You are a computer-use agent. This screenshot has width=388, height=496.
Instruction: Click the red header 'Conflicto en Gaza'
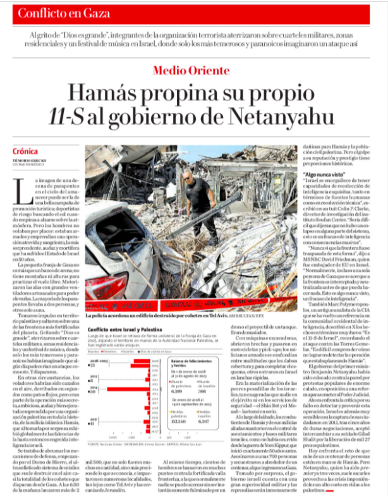pyautogui.click(x=55, y=13)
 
